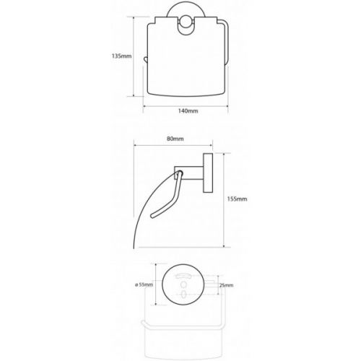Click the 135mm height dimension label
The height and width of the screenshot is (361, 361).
pyautogui.click(x=121, y=56)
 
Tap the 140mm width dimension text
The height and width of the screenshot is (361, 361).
pyautogui.click(x=188, y=111)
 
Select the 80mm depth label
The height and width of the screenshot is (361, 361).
pyautogui.click(x=175, y=139)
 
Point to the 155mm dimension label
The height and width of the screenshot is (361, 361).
pyautogui.click(x=237, y=199)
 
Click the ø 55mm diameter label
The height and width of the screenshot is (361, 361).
pyautogui.click(x=144, y=284)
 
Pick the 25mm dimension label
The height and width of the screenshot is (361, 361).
pyautogui.click(x=226, y=285)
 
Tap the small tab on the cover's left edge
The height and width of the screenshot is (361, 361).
pyautogui.click(x=145, y=59)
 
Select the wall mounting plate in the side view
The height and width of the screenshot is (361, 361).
pyautogui.click(x=208, y=173)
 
